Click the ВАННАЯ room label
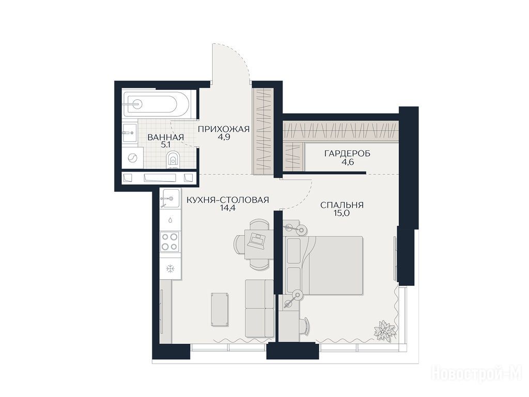tap(166, 137)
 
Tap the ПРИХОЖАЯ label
tap(223, 129)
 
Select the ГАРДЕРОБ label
tap(347, 154)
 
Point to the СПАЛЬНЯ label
tap(342, 205)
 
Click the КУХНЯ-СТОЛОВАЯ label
tap(228, 200)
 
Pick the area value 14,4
tap(228, 208)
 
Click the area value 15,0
tap(342, 213)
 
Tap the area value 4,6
tap(347, 162)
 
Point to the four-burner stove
tap(169, 242)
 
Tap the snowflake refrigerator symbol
tap(170, 269)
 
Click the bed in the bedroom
tap(324, 265)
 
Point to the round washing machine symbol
tap(132, 158)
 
